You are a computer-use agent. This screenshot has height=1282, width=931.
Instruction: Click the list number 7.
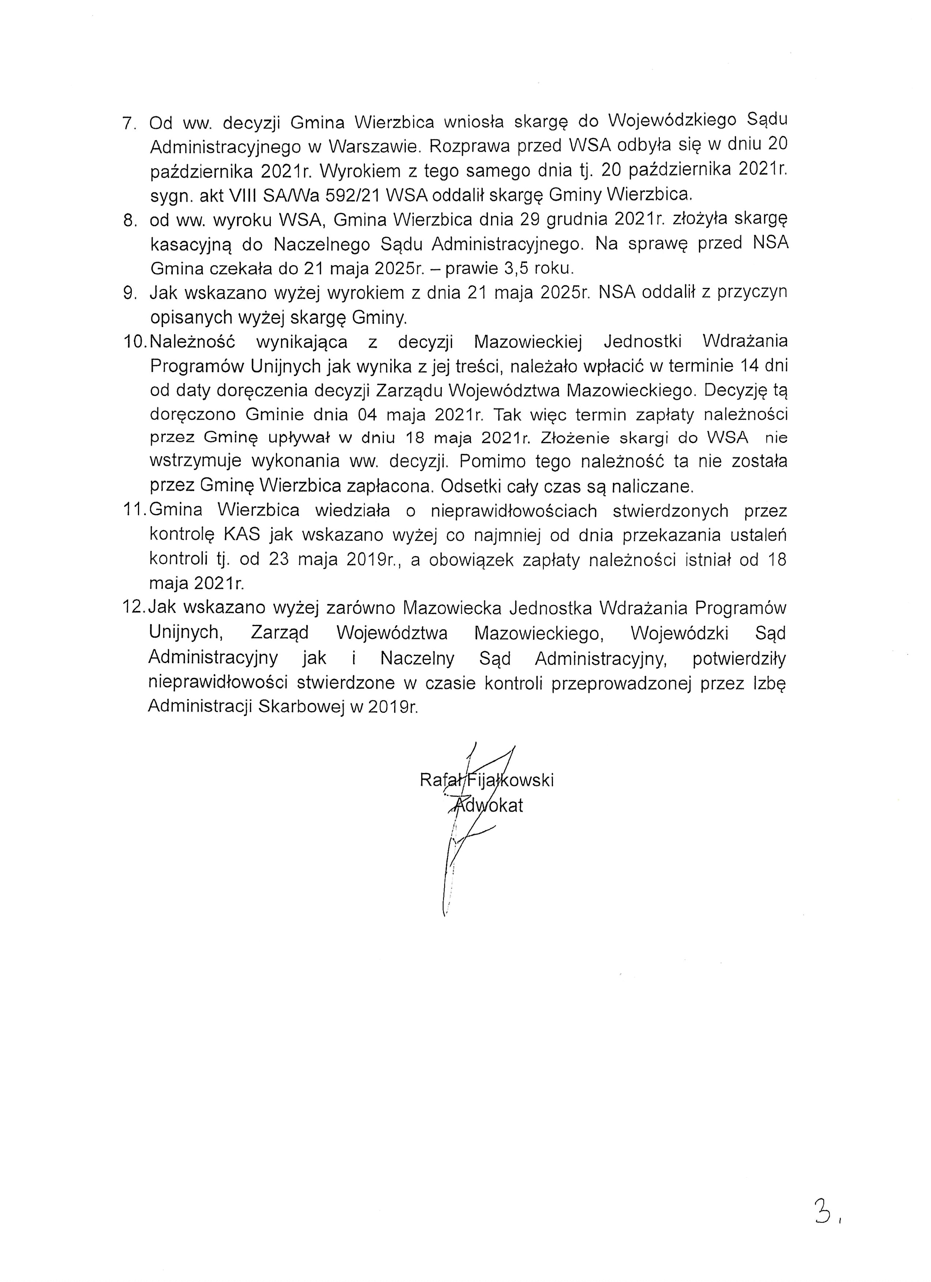(127, 123)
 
